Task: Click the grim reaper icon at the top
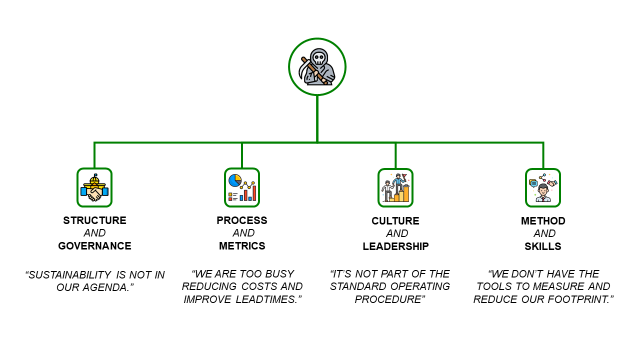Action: coord(317,67)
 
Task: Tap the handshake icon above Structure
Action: coord(95,187)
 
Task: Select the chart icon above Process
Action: coord(242,187)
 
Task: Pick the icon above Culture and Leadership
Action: coord(395,187)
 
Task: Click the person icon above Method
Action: coord(543,187)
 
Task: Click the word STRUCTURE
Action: coord(95,220)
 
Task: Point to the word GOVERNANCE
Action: coord(95,246)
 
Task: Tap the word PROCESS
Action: coord(242,220)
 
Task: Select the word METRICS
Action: coord(242,246)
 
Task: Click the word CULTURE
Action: coord(395,220)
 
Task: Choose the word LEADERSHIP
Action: coord(395,246)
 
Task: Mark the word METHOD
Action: coord(543,220)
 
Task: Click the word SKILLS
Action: coord(543,246)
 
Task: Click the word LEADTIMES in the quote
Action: coord(267,300)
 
